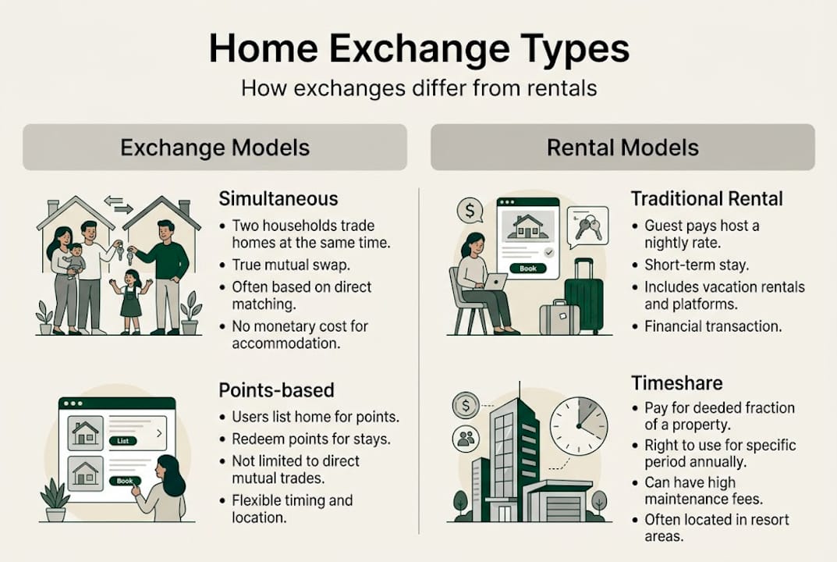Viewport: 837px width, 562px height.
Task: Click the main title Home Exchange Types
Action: (x=419, y=48)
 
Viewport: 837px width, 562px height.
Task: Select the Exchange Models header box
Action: (x=215, y=148)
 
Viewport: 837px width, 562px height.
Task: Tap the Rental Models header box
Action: (x=622, y=148)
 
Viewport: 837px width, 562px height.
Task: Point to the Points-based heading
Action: (x=276, y=389)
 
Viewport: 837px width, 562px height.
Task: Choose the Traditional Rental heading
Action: (x=708, y=199)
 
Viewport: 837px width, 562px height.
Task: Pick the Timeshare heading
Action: (x=676, y=382)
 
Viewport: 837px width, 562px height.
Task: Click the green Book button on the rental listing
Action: (x=528, y=268)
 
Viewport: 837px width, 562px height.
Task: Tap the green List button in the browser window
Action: (x=122, y=440)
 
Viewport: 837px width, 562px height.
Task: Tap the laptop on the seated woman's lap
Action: (x=495, y=279)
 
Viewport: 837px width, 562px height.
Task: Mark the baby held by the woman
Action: (x=76, y=260)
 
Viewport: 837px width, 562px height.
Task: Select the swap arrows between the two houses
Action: (x=119, y=205)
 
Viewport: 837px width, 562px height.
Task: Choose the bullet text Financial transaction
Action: (x=713, y=326)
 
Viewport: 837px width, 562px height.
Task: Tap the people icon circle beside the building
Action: (x=466, y=439)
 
